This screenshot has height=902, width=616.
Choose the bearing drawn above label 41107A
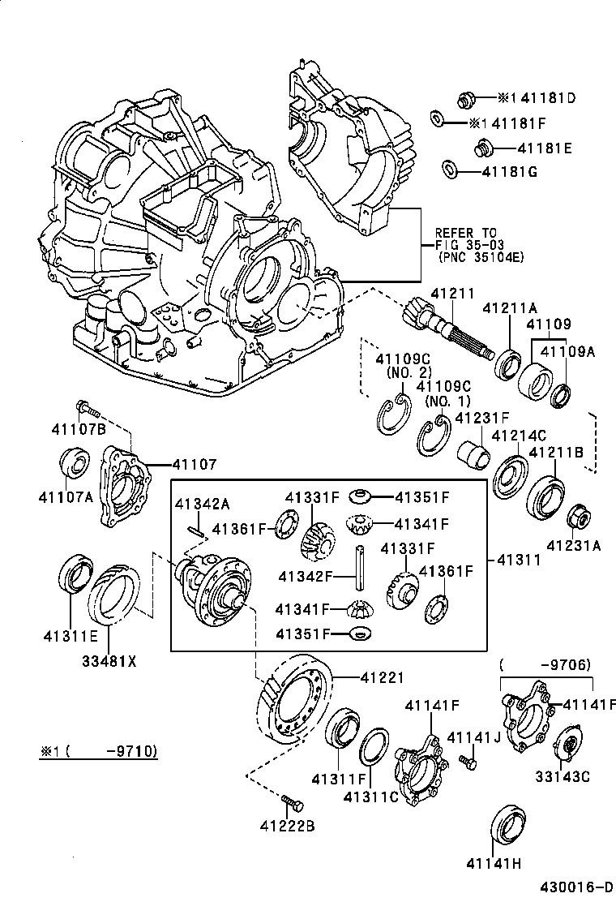(x=76, y=466)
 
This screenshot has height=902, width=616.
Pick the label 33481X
(x=109, y=659)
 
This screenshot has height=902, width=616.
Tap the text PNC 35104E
(x=469, y=258)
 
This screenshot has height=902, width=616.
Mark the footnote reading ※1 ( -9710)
(x=98, y=751)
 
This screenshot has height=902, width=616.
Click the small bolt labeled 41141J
(x=468, y=763)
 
